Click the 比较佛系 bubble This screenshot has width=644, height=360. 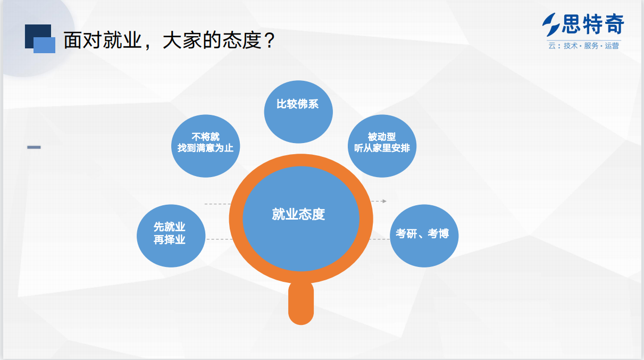[298, 112]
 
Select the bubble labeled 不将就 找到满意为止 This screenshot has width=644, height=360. [206, 146]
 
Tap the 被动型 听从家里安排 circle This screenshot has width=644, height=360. [382, 146]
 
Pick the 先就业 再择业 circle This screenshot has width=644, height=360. [171, 236]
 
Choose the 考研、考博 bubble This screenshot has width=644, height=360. [424, 236]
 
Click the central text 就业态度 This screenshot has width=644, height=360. [298, 214]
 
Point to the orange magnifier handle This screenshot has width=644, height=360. [301, 303]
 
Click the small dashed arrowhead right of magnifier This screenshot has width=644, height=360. [384, 202]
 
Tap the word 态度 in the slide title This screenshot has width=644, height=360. [242, 40]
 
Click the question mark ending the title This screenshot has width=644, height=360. [270, 40]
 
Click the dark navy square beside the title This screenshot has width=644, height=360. [38, 36]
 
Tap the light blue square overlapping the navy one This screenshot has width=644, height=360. [44, 45]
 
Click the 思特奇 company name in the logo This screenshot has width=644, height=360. [593, 24]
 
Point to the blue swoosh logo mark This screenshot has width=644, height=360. [551, 25]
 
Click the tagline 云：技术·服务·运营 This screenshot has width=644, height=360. [583, 46]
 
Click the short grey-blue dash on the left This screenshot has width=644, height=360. [34, 147]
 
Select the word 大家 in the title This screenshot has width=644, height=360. [182, 40]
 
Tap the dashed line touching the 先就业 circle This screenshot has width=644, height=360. [220, 239]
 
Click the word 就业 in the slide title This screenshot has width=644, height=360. [122, 40]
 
